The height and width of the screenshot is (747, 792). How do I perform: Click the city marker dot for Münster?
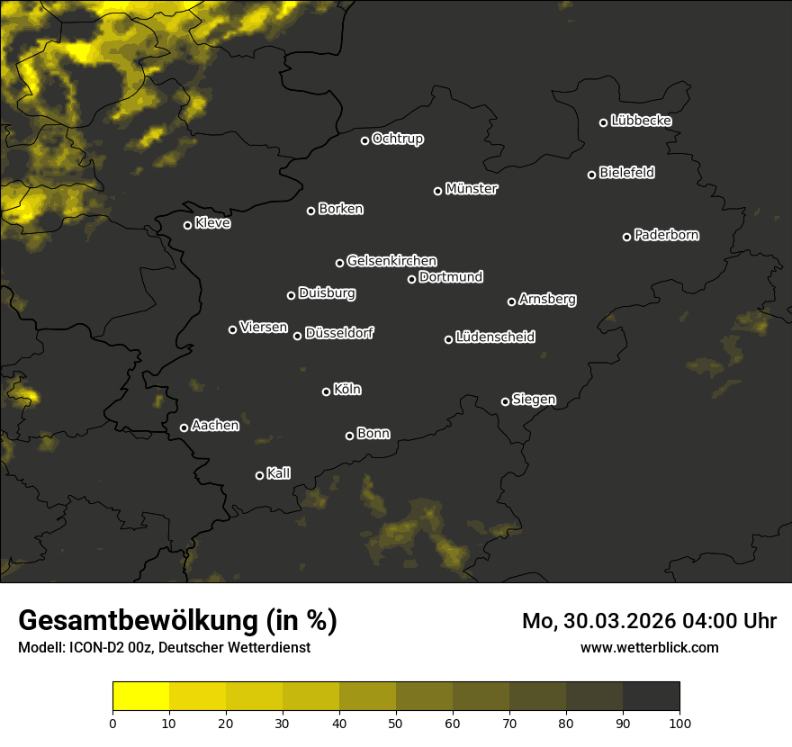click(x=438, y=191)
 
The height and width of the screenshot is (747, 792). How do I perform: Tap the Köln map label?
click(x=347, y=390)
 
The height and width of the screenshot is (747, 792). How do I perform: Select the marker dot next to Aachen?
click(x=184, y=427)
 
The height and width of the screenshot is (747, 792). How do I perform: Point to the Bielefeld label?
click(x=626, y=173)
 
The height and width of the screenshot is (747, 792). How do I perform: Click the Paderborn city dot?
click(x=627, y=237)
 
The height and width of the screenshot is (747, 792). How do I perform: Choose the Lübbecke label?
click(x=641, y=121)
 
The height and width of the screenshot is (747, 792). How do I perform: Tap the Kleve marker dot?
click(x=188, y=225)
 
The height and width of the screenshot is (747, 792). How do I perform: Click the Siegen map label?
click(x=534, y=400)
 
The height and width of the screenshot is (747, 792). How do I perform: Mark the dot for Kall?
click(x=260, y=475)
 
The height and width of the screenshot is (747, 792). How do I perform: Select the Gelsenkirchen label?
click(x=391, y=261)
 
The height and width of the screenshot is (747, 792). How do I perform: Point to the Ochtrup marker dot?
click(x=365, y=140)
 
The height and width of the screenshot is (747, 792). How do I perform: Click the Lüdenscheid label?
click(x=495, y=337)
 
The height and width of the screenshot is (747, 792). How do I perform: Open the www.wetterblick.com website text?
click(x=650, y=647)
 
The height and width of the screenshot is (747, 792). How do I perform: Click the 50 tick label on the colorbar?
click(x=396, y=723)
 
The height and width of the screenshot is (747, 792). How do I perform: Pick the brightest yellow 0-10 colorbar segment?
click(x=141, y=697)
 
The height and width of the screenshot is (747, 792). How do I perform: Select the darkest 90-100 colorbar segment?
click(x=651, y=697)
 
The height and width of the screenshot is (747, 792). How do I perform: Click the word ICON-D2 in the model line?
click(x=89, y=647)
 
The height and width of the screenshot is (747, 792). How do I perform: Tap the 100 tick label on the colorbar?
click(x=679, y=723)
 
